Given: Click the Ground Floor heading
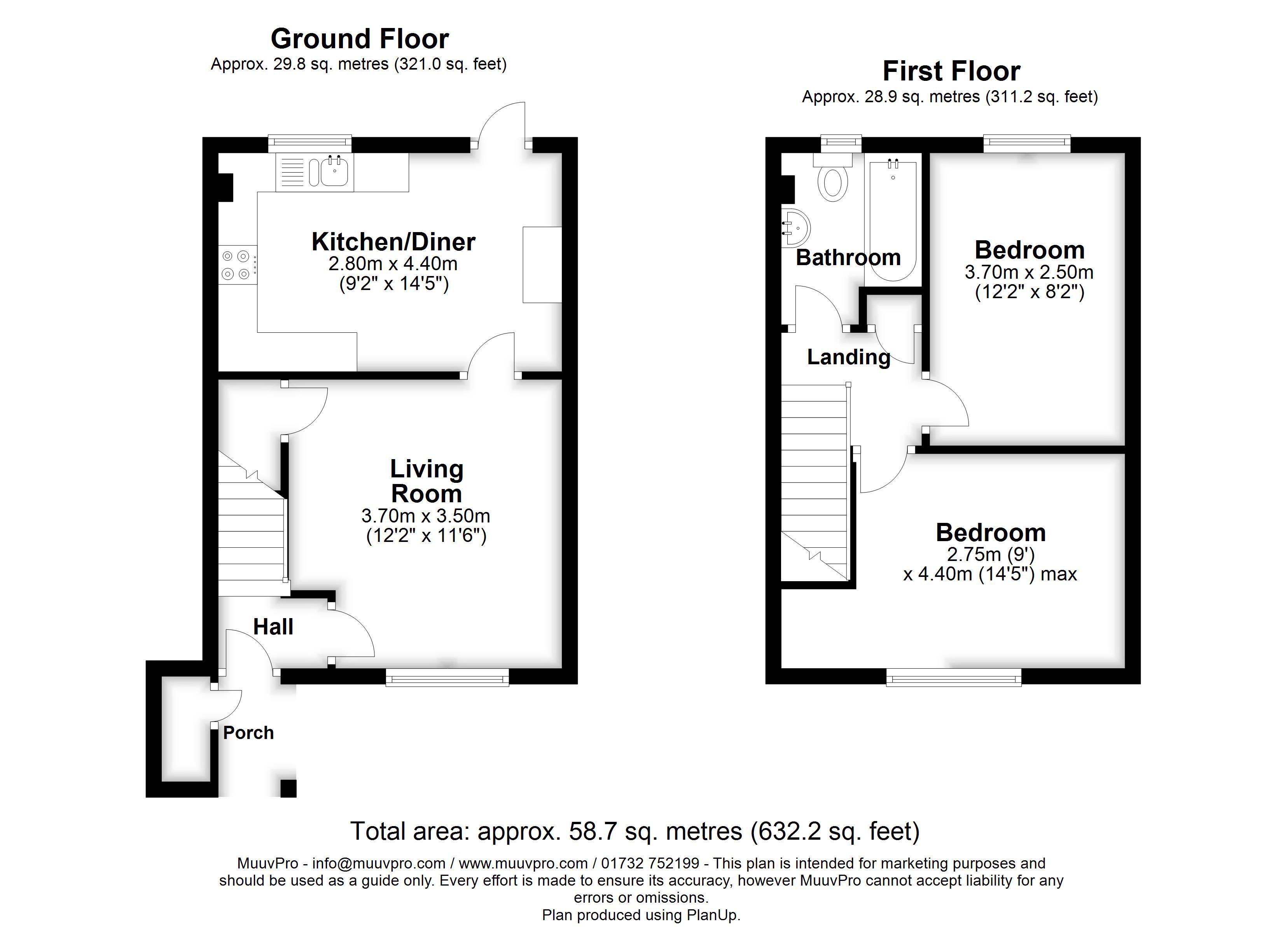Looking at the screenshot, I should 359,39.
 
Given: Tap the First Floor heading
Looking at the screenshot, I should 951,71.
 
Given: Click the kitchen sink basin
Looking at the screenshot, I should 334,172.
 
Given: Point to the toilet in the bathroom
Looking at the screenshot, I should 833,180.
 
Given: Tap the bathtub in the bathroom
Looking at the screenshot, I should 893,221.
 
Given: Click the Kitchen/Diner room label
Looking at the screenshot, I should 393,242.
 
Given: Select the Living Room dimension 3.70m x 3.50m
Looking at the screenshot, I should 425,516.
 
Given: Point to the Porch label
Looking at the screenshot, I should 248,733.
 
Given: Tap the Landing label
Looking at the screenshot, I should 848,357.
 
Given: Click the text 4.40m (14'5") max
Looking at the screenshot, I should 989,574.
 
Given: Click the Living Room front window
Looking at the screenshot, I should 447,677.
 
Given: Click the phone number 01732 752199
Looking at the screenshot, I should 650,863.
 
